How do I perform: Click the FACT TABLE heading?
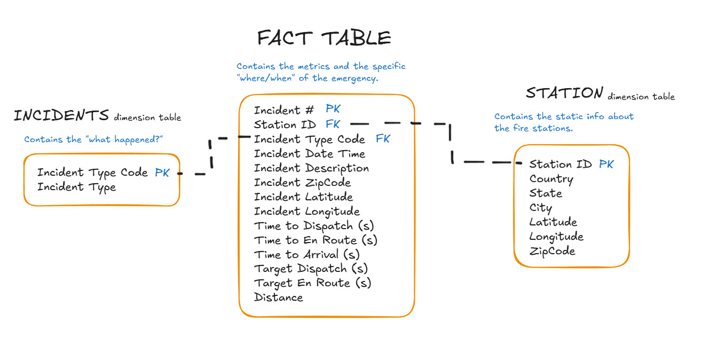pos(324,38)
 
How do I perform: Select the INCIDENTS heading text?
pos(61,115)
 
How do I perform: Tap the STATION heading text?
pos(564,93)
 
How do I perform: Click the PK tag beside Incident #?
pos(333,109)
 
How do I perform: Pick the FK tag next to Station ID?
pos(333,124)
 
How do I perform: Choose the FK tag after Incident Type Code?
pos(383,139)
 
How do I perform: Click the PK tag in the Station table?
pos(606,164)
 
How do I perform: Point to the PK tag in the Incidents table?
pos(162,173)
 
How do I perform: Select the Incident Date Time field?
pos(310,154)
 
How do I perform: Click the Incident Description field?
pos(311,168)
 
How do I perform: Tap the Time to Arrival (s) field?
pos(307,255)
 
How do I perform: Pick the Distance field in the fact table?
pos(279,298)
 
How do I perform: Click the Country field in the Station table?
pos(551,179)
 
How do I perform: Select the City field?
pos(541,208)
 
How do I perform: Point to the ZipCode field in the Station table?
pos(552,251)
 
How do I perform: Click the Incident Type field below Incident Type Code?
pos(76,187)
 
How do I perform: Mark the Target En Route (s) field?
pos(312,283)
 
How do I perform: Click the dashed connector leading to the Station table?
pos(451,143)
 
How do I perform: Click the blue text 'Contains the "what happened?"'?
pos(93,139)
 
